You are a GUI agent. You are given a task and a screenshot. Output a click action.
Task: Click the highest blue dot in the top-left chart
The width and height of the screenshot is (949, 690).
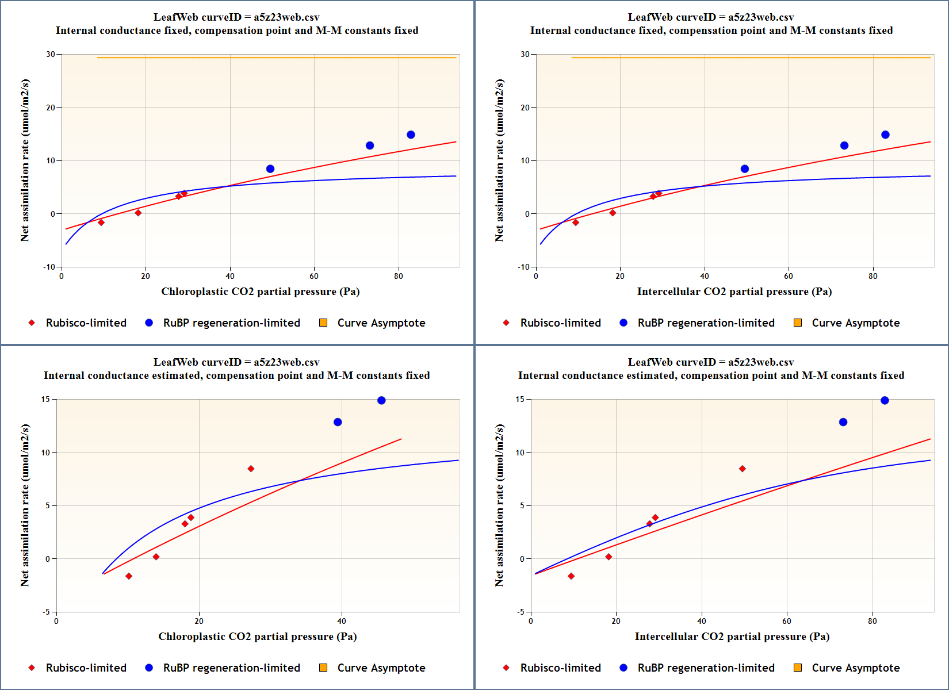point(411,135)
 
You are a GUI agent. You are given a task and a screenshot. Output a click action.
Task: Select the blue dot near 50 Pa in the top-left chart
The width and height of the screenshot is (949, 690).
point(270,169)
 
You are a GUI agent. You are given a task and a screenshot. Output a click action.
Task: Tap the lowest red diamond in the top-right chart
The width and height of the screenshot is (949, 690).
point(576,223)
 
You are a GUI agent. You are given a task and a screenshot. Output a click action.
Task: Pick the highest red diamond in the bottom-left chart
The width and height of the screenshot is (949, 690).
point(251,469)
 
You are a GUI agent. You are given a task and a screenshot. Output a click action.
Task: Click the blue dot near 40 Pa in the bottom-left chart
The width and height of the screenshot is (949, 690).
point(338,422)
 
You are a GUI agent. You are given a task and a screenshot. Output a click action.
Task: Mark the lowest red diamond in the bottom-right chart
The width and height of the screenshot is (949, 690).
point(571,576)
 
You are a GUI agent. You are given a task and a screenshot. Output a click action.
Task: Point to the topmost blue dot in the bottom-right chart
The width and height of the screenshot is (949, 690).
point(885,400)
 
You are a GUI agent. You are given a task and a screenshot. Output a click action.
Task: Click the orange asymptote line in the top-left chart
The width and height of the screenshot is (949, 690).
point(276,57)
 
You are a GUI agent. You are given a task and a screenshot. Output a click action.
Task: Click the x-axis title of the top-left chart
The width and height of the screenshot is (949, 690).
point(260,292)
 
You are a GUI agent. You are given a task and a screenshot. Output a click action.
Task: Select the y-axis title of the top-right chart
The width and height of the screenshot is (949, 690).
point(499,160)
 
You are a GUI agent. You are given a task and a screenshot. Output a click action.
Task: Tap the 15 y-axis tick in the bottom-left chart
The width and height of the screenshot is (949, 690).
point(45,399)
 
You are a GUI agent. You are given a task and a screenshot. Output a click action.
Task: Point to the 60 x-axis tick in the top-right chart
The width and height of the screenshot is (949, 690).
point(789,276)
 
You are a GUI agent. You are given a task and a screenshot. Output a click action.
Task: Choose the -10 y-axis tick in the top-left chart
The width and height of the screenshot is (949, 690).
point(49,267)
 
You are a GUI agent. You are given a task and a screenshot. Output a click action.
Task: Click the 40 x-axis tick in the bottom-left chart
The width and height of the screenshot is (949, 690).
point(342,621)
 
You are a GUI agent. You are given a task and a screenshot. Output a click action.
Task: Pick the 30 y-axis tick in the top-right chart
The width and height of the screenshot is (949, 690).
point(525,54)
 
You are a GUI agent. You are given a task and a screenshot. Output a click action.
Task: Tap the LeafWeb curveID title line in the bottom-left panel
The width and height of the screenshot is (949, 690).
point(236,362)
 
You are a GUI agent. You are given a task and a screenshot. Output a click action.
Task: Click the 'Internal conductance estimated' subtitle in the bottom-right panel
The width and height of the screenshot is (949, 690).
point(711,375)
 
